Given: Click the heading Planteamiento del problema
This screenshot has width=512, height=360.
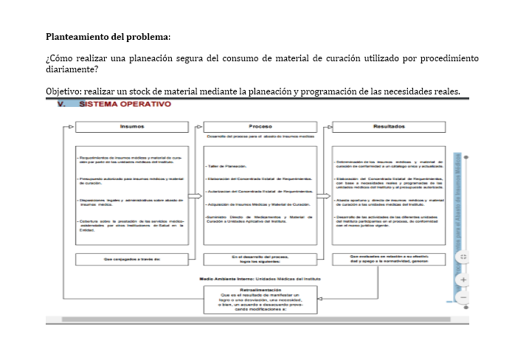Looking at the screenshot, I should tap(108, 36).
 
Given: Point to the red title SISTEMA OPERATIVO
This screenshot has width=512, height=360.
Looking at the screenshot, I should tap(125, 104).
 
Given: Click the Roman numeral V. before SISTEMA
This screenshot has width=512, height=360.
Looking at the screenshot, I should tap(63, 104).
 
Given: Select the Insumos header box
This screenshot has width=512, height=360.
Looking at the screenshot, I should tap(131, 127).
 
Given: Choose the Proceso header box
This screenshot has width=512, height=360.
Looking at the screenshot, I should tap(260, 127).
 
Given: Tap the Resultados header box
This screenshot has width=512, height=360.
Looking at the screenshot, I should tap(389, 127).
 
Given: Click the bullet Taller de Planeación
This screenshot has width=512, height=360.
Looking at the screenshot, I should tap(229, 167).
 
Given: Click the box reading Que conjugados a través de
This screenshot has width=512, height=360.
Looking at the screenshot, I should tap(131, 259).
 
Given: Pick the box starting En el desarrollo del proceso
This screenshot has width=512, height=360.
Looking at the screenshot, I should tap(260, 259).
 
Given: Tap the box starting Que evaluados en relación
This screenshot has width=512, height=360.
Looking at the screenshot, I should tap(389, 259).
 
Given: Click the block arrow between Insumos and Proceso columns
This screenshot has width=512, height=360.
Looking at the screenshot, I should tap(195, 196).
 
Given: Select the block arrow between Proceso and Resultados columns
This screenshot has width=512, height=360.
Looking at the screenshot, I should tap(325, 196).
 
